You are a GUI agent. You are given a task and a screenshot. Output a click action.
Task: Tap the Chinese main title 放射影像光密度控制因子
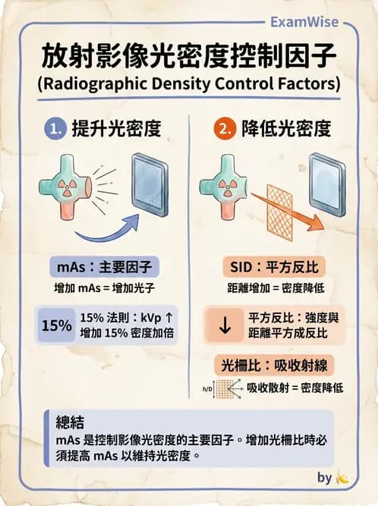pyautogui.click(x=189, y=57)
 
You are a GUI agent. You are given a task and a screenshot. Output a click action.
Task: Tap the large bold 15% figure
pyautogui.click(x=56, y=325)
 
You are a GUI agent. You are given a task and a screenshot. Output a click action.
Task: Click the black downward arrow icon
pyautogui.click(x=225, y=325)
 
